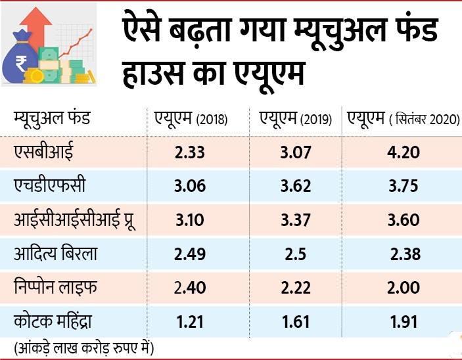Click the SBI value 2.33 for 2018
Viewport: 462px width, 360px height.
(x=192, y=153)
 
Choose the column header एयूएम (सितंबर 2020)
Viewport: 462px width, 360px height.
(x=401, y=119)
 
